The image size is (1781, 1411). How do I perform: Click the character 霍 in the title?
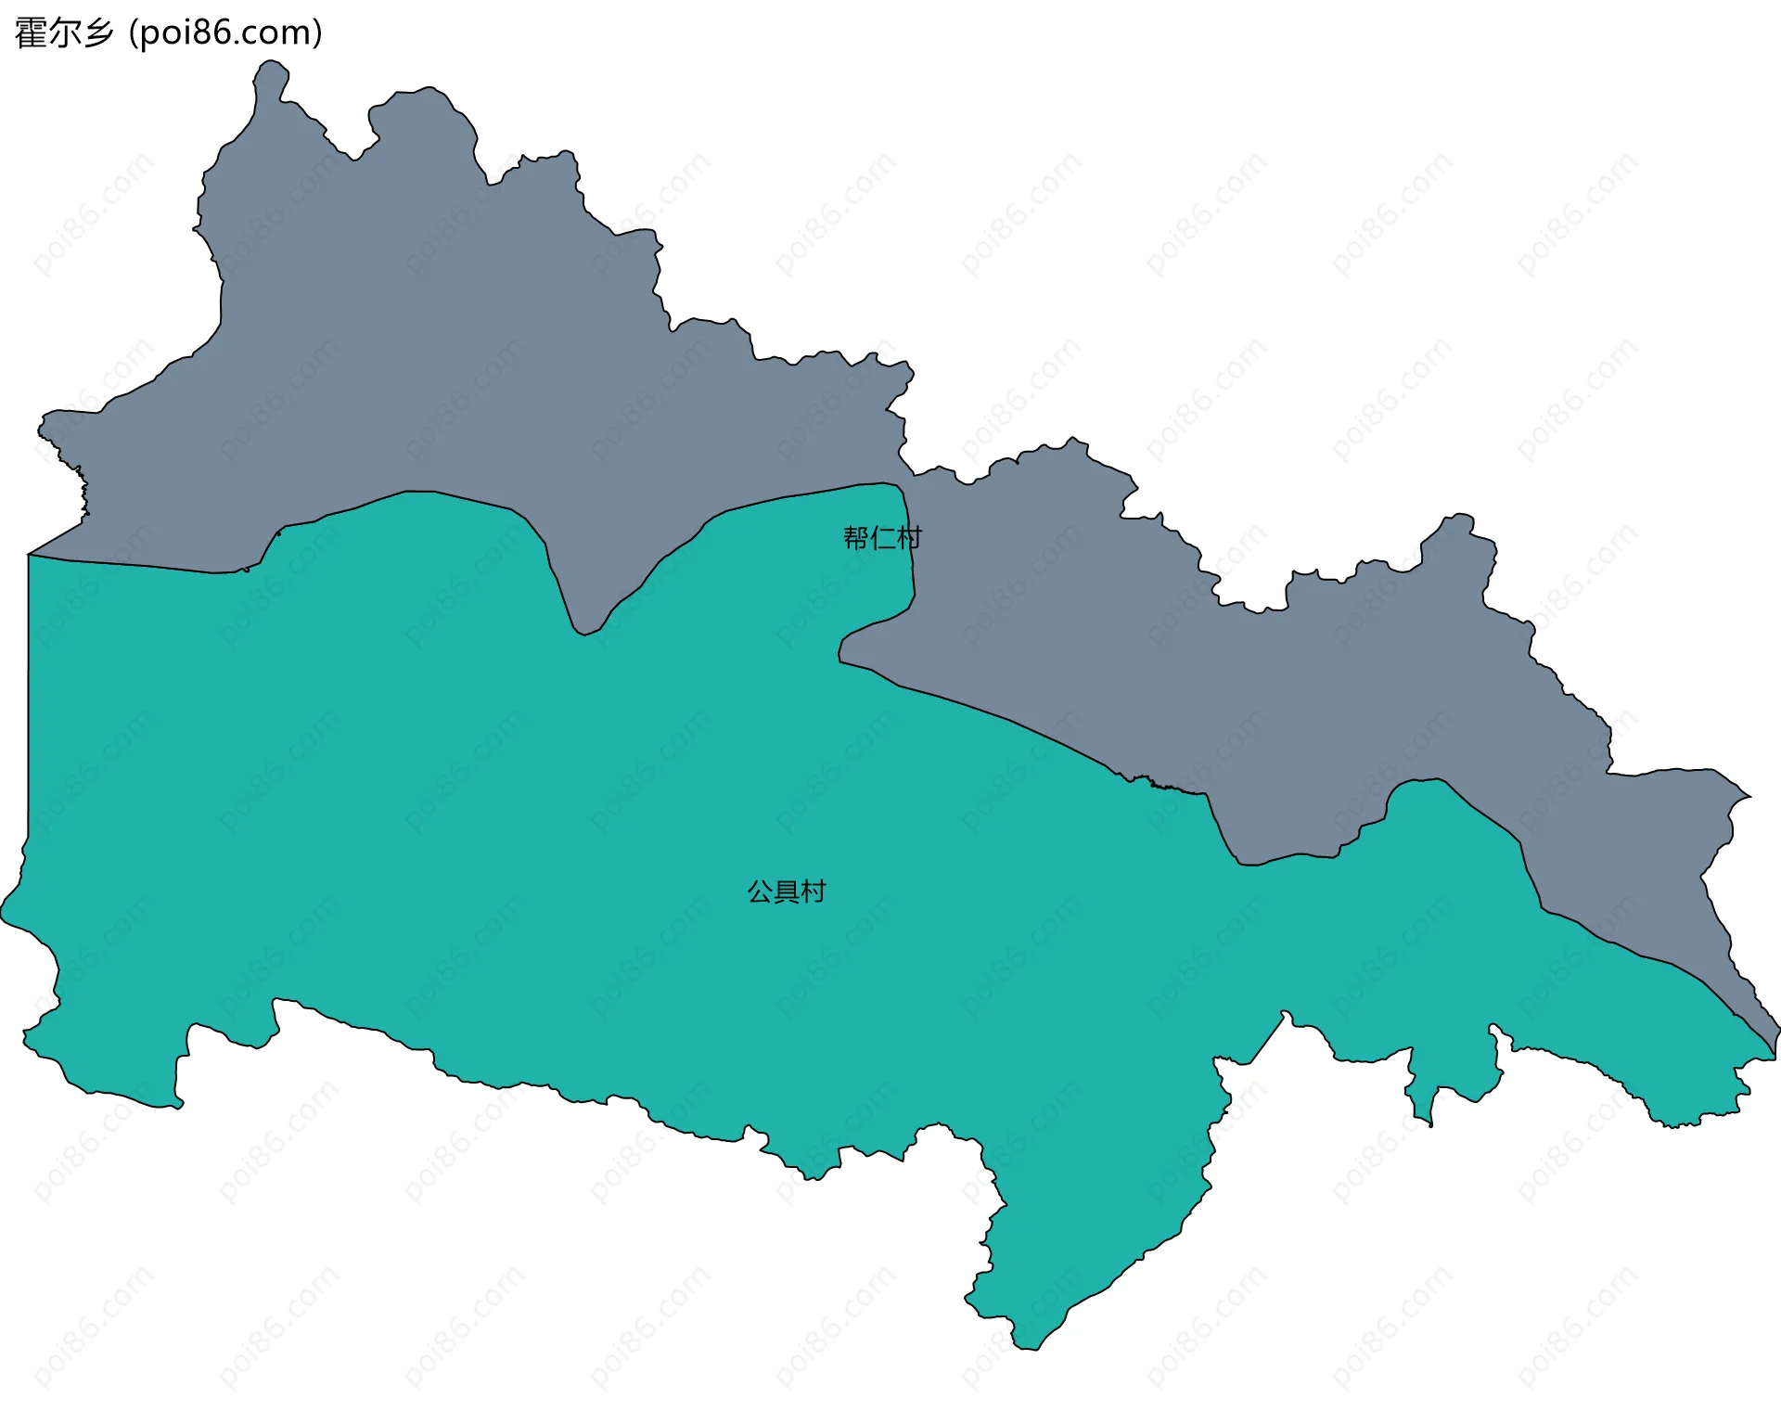point(32,33)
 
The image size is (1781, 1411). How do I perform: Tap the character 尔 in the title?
point(65,33)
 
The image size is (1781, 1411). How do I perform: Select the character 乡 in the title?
point(98,33)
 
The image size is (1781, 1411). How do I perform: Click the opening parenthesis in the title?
point(134,33)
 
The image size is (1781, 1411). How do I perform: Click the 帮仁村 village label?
point(882,538)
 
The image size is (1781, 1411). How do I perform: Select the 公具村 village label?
point(787,891)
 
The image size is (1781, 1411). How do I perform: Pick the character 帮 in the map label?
point(855,538)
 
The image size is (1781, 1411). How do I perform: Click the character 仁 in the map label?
point(882,538)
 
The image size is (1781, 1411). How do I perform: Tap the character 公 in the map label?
point(760,891)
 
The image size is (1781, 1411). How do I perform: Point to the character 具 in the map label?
point(787,891)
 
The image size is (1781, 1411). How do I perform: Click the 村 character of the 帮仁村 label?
point(909,538)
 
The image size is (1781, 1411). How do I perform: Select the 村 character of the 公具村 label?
point(814,891)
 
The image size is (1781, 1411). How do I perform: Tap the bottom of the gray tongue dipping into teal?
point(583,635)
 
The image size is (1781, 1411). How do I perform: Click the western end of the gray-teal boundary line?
point(29,555)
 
